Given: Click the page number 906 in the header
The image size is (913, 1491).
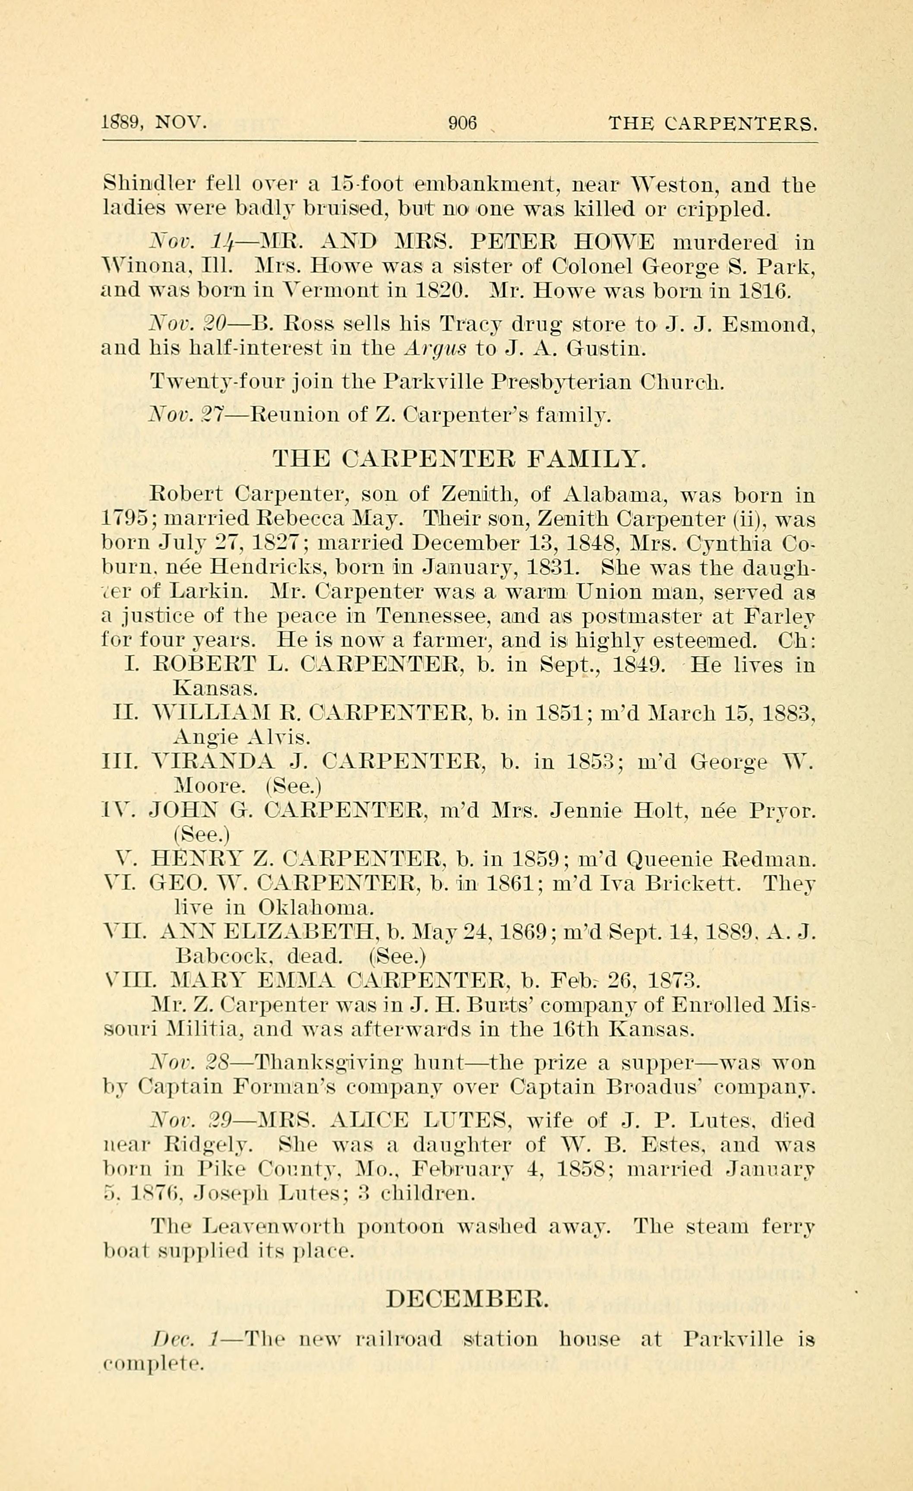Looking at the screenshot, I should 463,124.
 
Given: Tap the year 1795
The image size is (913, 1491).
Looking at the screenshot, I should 125,519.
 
